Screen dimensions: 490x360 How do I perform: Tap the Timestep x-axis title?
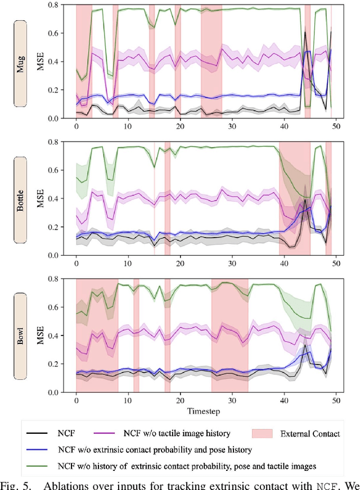point(204,411)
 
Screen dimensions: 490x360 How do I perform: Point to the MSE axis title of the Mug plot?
point(41,62)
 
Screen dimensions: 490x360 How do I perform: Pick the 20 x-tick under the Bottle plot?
point(180,263)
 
